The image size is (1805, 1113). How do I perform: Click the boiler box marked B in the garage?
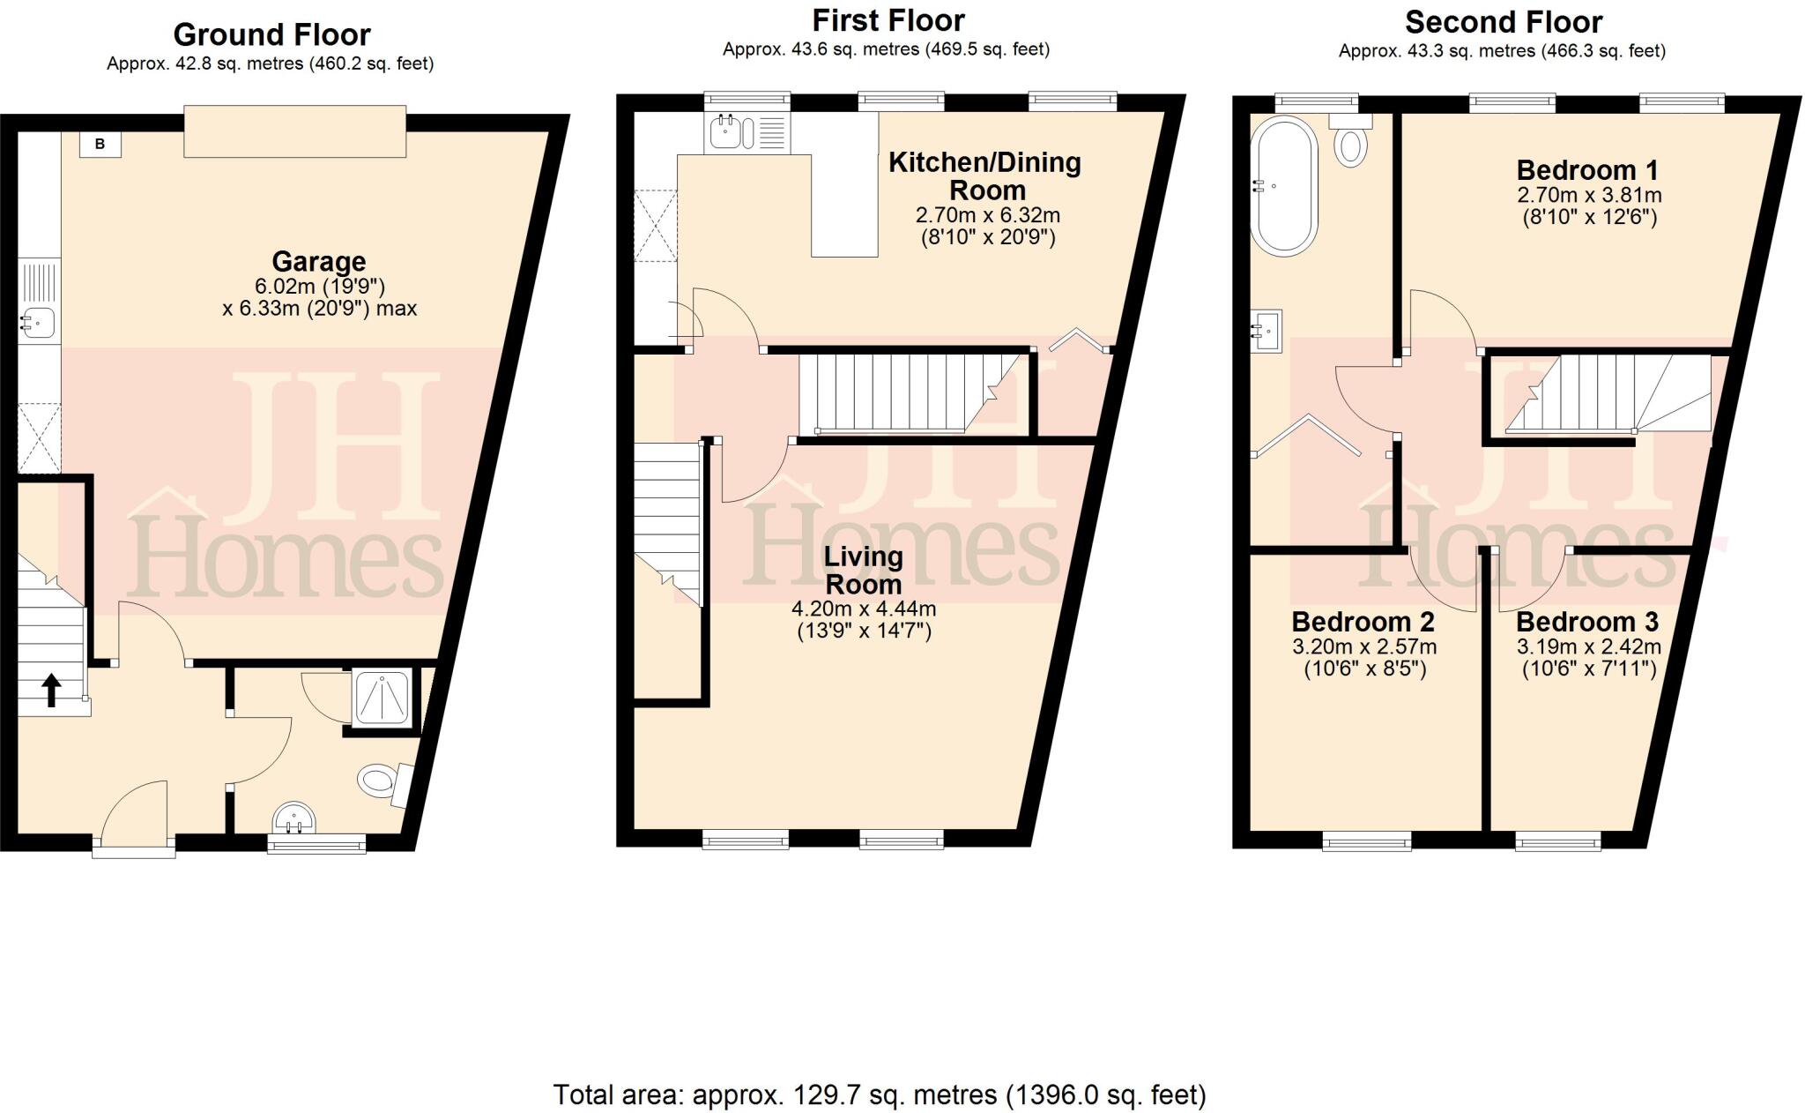[x=100, y=144]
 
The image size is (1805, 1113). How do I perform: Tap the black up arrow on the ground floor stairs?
[x=51, y=691]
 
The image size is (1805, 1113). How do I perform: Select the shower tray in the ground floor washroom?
[x=381, y=699]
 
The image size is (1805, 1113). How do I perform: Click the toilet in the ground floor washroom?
[x=377, y=781]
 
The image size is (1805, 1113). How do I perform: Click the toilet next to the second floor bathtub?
[x=1350, y=145]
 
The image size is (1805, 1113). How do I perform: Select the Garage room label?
[x=318, y=262]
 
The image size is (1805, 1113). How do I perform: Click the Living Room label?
[x=863, y=570]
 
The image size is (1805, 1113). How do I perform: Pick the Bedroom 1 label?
[x=1587, y=169]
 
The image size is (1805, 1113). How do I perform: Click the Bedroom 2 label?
[x=1363, y=622]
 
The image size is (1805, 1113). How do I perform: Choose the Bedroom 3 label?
[x=1587, y=622]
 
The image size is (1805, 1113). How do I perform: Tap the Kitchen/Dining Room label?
[x=985, y=176]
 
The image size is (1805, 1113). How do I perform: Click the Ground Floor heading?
[x=271, y=34]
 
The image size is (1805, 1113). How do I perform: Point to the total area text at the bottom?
[x=879, y=1094]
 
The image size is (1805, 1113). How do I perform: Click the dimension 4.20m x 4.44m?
[x=864, y=609]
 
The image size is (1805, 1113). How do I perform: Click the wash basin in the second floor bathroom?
[x=1269, y=331]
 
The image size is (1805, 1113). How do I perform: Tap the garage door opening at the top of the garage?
[x=294, y=131]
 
